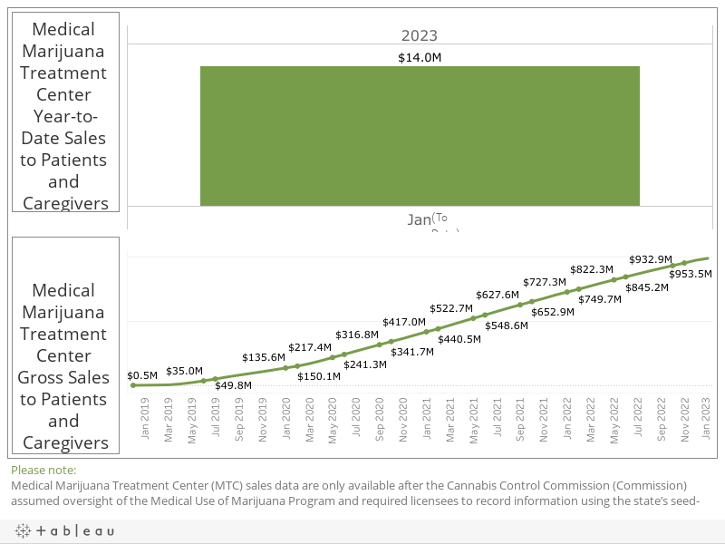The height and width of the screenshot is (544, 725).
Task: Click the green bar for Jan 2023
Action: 420,136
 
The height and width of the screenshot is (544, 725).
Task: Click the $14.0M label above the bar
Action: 420,58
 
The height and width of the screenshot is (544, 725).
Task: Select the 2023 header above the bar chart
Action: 420,36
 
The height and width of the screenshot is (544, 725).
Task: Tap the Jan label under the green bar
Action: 419,219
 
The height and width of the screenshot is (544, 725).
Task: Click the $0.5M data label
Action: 142,374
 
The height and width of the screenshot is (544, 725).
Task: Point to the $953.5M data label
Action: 691,274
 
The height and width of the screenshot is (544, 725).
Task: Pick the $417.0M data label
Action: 403,322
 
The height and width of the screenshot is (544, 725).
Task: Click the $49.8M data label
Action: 233,385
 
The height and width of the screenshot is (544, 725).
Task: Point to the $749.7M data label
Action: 600,299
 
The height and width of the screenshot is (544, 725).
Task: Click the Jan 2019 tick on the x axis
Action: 145,423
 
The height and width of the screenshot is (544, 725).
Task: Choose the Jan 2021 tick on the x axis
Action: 426,423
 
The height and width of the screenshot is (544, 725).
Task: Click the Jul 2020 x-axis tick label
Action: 356,423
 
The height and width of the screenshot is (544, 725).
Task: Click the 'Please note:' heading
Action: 43,470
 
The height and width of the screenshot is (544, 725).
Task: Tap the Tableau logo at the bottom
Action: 64,530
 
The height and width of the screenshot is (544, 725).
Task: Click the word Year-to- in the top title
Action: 64,116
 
